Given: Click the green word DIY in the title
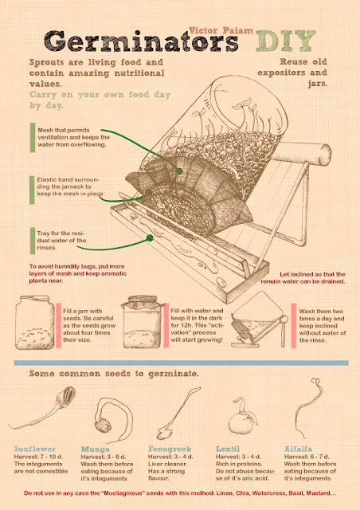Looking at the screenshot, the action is tap(285, 41).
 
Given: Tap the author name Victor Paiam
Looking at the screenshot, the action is tap(221, 30).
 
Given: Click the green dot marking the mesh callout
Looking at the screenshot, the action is tap(179, 171).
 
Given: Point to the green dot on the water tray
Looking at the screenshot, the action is tap(150, 238).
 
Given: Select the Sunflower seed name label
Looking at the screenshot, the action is tap(35, 449).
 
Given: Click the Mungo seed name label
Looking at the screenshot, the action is tap(95, 449).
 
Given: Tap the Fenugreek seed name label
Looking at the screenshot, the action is tap(170, 449).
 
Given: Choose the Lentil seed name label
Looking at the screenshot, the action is tap(228, 449).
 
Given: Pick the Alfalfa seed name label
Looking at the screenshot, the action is tap(298, 449).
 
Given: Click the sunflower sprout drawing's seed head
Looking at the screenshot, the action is tap(68, 395).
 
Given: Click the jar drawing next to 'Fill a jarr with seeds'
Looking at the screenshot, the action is tap(35, 322).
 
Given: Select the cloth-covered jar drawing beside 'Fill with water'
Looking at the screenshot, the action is tap(142, 322).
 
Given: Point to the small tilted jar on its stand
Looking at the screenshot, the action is tap(259, 320).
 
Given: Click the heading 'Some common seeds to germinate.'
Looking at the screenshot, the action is tap(114, 374).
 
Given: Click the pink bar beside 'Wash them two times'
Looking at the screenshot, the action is tap(293, 326).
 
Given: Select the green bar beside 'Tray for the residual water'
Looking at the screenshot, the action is tap(33, 241).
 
